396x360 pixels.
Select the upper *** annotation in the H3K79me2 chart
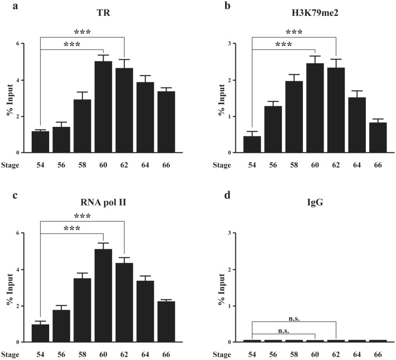coord(294,32)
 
